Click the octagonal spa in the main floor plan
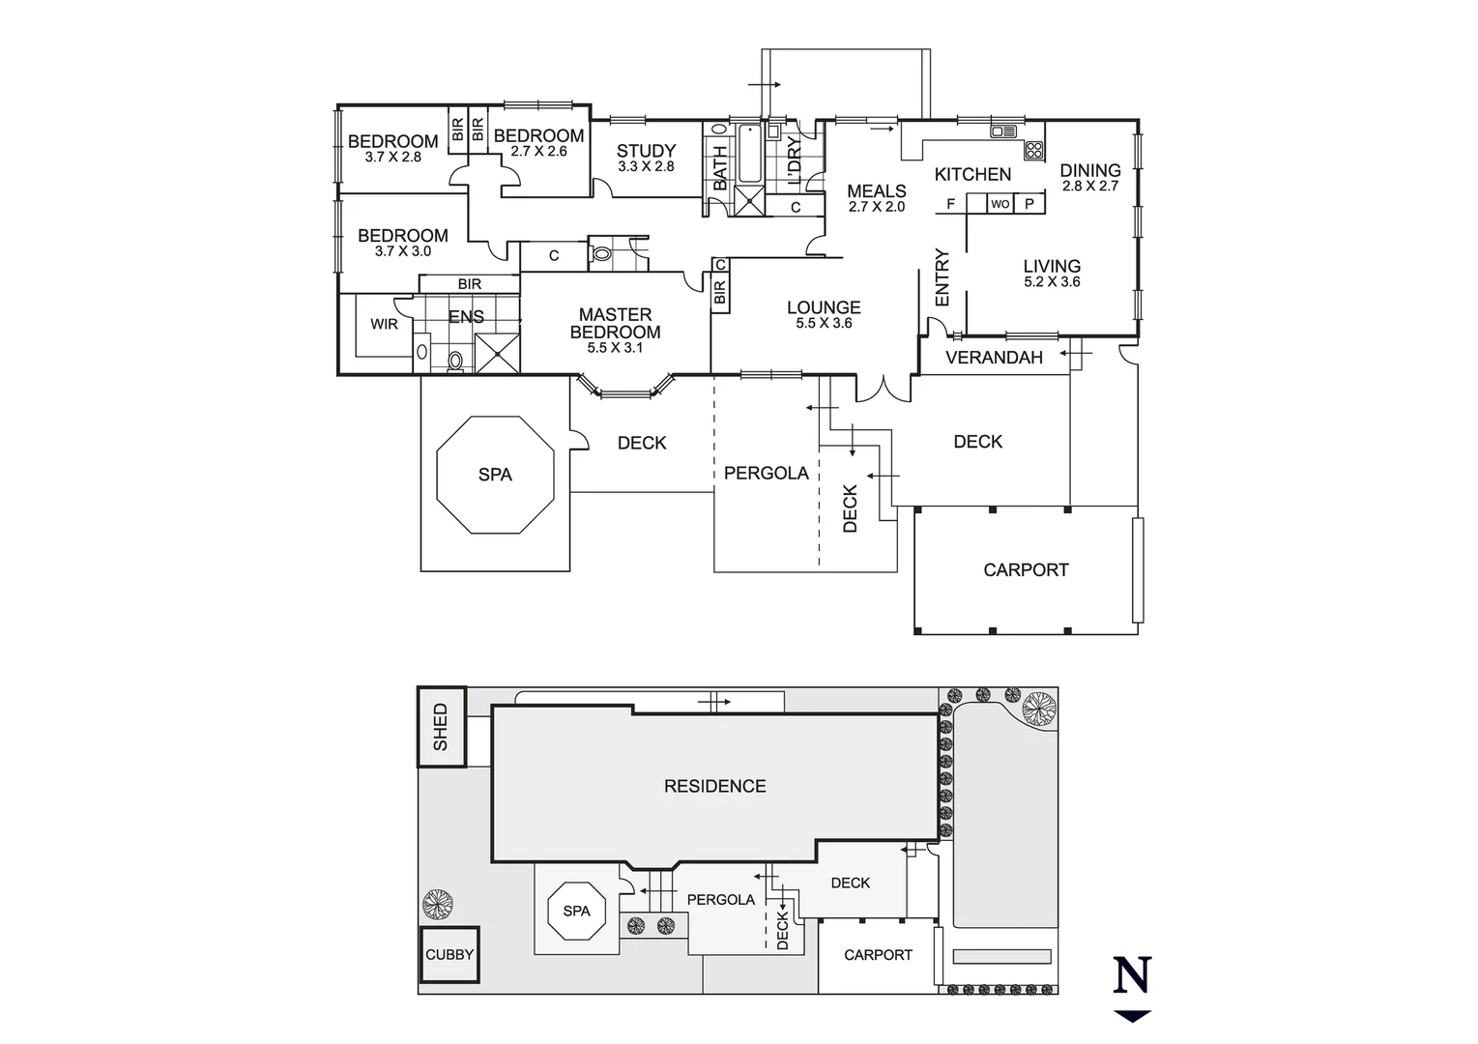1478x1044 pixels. pyautogui.click(x=495, y=475)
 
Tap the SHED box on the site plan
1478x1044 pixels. pyautogui.click(x=441, y=727)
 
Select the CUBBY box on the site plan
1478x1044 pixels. pyautogui.click(x=449, y=954)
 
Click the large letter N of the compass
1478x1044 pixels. pyautogui.click(x=1132, y=975)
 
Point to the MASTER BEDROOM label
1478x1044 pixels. pyautogui.click(x=615, y=323)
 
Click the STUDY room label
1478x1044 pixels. pyautogui.click(x=646, y=151)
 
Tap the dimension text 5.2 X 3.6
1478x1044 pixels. pyautogui.click(x=1052, y=282)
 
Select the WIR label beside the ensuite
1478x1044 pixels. pyautogui.click(x=384, y=324)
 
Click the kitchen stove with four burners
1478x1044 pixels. pyautogui.click(x=1033, y=150)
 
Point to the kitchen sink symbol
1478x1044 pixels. pyautogui.click(x=1000, y=130)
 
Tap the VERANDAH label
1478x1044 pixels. pyautogui.click(x=994, y=358)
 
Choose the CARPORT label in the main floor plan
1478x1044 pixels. pyautogui.click(x=1026, y=570)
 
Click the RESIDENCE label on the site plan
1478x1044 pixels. pyautogui.click(x=714, y=786)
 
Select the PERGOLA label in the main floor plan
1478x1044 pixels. pyautogui.click(x=766, y=474)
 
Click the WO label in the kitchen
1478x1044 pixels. pyautogui.click(x=1000, y=204)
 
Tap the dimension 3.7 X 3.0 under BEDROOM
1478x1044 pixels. pyautogui.click(x=402, y=251)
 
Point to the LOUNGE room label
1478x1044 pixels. pyautogui.click(x=824, y=307)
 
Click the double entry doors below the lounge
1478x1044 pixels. pyautogui.click(x=882, y=390)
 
